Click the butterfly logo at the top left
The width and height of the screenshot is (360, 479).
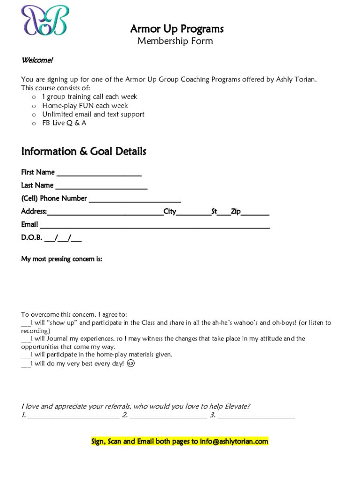pos(44,20)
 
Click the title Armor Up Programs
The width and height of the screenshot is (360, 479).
pos(177,29)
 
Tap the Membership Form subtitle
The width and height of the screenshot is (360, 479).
pos(175,41)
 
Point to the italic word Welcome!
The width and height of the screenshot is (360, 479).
pos(37,60)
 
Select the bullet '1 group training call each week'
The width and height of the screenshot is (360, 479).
pos(90,97)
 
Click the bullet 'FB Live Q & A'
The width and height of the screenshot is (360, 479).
pos(64,123)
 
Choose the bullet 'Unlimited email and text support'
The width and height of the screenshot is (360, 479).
pos(93,114)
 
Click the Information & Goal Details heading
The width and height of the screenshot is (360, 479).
pos(84,152)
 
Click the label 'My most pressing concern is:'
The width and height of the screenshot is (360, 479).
pos(61,259)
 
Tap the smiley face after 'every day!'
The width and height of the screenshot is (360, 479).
pos(131,363)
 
